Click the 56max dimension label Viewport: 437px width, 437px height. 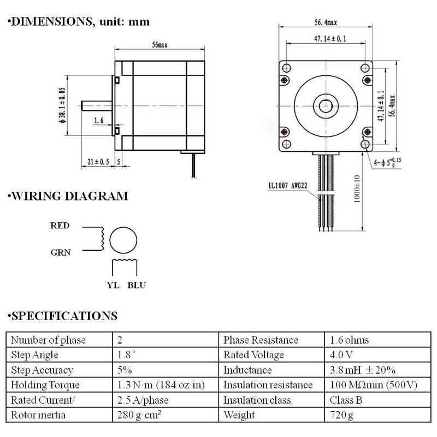160,45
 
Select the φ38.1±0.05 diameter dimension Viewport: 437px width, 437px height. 62,105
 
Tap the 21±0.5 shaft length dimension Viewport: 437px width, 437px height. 98,162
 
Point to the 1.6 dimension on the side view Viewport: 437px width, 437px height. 99,120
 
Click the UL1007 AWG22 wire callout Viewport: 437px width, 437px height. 288,186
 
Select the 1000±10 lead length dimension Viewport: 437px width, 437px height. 357,188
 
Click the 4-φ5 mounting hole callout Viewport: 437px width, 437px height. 387,162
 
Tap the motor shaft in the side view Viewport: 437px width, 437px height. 97,105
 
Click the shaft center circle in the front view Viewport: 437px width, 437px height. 326,106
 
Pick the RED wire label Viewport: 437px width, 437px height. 60,226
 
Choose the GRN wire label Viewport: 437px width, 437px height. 61,252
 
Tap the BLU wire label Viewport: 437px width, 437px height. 137,285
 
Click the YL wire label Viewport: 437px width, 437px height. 113,285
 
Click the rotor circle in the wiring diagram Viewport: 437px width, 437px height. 123,227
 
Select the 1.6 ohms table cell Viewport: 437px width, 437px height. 349,340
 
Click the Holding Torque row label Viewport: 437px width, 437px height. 45,385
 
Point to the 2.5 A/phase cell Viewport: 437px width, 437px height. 143,400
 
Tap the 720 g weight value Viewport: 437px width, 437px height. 341,415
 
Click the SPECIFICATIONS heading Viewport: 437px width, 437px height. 62,316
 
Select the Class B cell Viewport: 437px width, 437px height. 346,400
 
